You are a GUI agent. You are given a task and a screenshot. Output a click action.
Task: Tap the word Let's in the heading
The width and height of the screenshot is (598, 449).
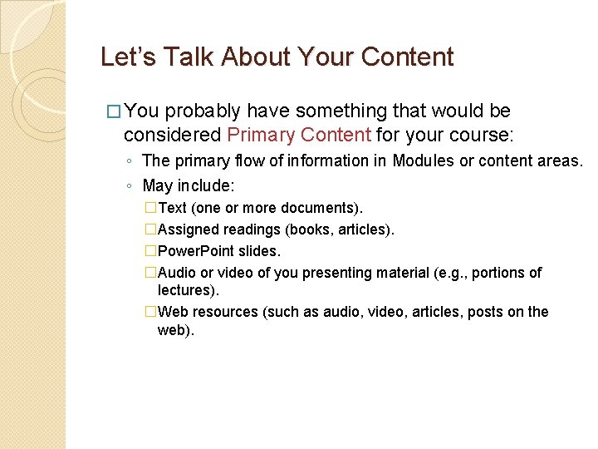(x=121, y=57)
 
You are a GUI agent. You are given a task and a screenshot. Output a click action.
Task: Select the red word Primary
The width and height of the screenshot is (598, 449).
(x=257, y=135)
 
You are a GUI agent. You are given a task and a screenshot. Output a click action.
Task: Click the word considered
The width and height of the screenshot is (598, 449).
(x=172, y=135)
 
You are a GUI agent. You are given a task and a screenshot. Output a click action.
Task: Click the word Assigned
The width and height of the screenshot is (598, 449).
(x=184, y=229)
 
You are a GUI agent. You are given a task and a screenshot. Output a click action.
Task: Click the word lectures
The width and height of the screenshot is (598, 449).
(x=184, y=290)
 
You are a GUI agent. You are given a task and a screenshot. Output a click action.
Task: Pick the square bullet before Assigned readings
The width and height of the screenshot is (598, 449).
(x=150, y=229)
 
